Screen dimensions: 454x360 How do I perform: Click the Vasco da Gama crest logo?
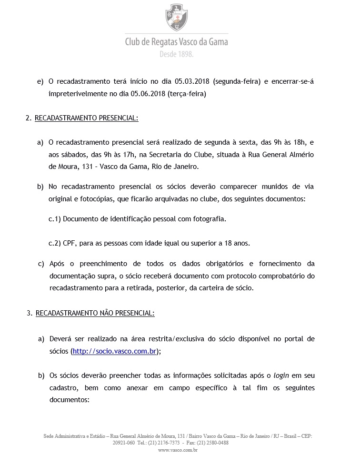point(176,17)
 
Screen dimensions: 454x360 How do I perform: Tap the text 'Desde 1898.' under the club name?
point(176,54)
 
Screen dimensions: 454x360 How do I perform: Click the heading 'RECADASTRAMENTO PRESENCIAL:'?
point(86,118)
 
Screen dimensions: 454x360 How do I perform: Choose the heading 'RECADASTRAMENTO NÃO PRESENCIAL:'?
point(95,313)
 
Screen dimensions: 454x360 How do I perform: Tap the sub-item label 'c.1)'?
point(55,219)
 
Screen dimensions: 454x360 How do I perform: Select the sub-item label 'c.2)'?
point(55,243)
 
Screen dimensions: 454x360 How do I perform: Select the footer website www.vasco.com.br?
point(178,450)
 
